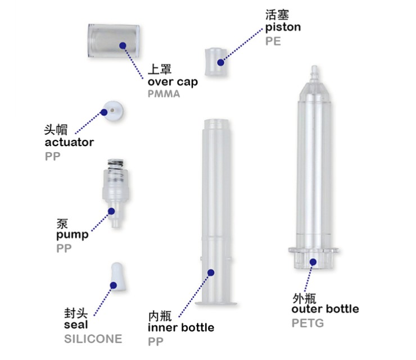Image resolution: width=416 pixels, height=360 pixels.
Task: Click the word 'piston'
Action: (283, 28)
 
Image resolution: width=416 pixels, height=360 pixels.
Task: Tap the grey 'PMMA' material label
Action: (164, 94)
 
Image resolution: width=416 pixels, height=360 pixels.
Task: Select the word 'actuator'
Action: (69, 142)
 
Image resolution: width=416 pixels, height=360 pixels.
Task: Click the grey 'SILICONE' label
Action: (93, 339)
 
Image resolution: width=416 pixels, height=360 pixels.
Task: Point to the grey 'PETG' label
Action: (308, 323)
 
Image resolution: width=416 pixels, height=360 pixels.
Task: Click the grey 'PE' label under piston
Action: (273, 42)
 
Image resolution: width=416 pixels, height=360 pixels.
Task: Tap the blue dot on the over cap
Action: (123, 45)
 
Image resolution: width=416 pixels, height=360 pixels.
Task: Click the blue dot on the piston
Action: (220, 62)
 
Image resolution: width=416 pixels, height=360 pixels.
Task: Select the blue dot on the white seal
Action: (114, 285)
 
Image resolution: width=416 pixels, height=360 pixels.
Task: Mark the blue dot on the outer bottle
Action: (313, 262)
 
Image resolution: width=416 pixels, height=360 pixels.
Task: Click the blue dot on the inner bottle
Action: (211, 272)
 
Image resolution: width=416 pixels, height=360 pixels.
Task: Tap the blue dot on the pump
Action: (111, 211)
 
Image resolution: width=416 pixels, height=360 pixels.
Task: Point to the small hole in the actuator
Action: (112, 110)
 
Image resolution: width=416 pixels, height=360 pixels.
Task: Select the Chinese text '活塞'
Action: (277, 15)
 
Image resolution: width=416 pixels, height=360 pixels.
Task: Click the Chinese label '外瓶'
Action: (304, 299)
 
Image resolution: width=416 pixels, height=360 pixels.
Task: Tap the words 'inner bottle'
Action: (181, 327)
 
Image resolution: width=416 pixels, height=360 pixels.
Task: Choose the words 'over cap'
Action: (173, 82)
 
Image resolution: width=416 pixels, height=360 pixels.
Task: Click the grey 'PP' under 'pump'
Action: (64, 249)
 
